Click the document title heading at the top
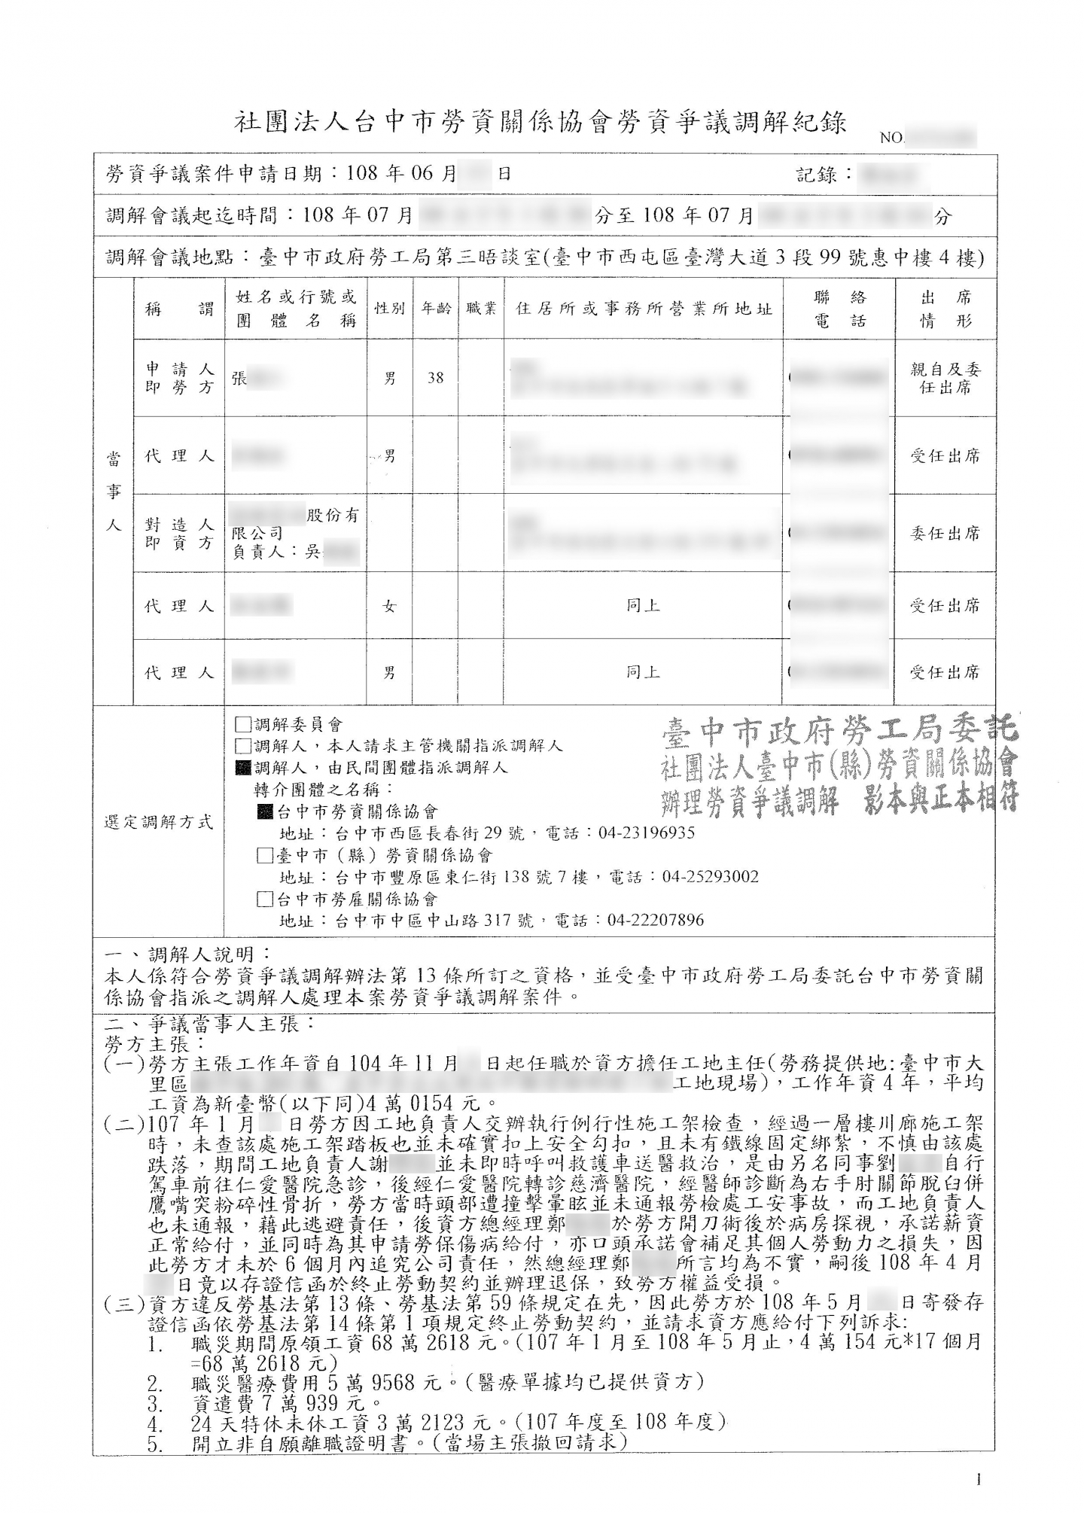[x=540, y=123]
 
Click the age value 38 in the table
[x=435, y=378]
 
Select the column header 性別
[x=389, y=309]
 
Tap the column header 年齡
[x=435, y=309]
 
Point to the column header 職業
[x=481, y=309]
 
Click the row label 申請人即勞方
[x=179, y=378]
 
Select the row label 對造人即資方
[x=179, y=533]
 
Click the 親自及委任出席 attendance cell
[x=945, y=378]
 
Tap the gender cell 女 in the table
[x=389, y=606]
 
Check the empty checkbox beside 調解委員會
[x=242, y=725]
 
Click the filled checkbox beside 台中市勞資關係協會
[x=264, y=811]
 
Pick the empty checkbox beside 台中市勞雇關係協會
[x=264, y=899]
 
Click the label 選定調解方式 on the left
[x=158, y=822]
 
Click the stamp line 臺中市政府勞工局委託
[x=839, y=729]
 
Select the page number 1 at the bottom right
[x=979, y=1480]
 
